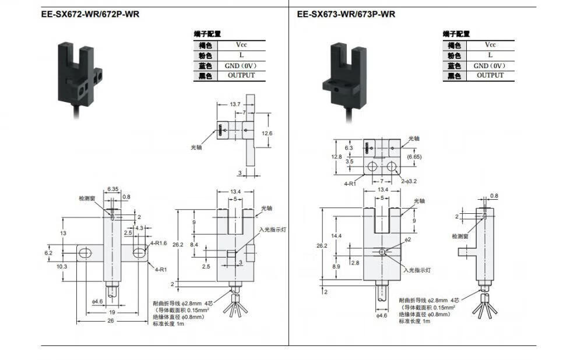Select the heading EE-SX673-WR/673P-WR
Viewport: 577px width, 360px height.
346,15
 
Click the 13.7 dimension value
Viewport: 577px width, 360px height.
235,104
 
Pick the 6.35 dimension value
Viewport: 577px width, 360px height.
113,189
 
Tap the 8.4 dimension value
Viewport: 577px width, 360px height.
195,244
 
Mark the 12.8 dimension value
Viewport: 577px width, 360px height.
336,157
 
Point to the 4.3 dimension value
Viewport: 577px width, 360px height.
139,228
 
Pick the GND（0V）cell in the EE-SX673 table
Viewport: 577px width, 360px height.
490,65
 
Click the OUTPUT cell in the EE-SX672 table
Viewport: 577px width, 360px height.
241,75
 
